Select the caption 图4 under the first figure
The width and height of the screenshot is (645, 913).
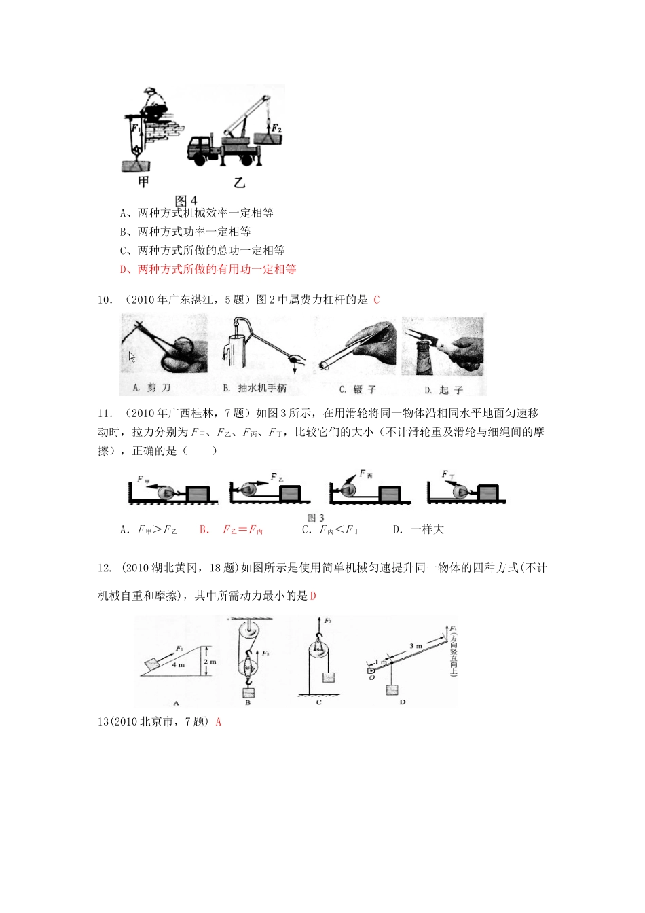[x=186, y=200]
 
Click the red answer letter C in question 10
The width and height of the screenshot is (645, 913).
[x=377, y=300]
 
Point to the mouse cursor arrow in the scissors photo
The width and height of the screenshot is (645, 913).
[x=132, y=357]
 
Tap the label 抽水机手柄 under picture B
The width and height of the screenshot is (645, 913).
[x=255, y=388]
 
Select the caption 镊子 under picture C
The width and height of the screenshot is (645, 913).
[x=358, y=389]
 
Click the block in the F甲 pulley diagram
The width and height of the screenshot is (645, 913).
[x=198, y=493]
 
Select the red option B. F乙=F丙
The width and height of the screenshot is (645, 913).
[x=231, y=530]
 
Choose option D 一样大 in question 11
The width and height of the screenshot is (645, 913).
[x=418, y=530]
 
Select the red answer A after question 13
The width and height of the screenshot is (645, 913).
[x=219, y=722]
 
